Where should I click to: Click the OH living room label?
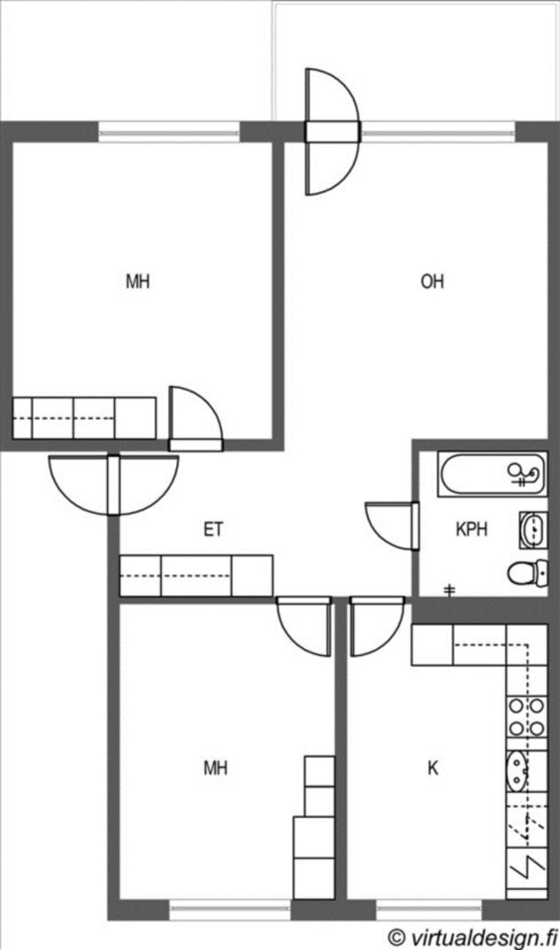tap(433, 282)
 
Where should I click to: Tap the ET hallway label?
tap(213, 529)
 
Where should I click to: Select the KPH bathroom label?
tap(471, 529)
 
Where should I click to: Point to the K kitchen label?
tap(433, 768)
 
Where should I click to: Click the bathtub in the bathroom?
tap(493, 475)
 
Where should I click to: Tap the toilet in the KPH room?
tap(527, 573)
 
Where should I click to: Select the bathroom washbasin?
tap(533, 529)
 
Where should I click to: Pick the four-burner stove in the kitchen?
tap(526, 717)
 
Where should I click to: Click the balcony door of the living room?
tap(332, 131)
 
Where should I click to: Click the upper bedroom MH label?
tap(138, 282)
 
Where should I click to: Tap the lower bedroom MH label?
tap(216, 768)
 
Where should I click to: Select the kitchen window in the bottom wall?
tap(429, 909)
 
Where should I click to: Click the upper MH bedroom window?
tap(170, 131)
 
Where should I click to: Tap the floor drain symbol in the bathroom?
tap(449, 590)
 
